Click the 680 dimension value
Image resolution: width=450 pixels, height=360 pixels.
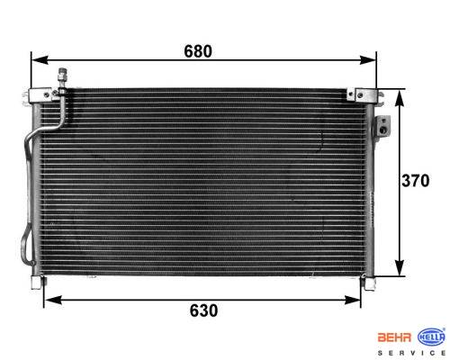click(x=198, y=51)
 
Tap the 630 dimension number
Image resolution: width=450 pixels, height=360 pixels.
click(x=203, y=310)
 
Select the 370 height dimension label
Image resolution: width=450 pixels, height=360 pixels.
click(x=416, y=181)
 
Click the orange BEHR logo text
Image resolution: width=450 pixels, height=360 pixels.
click(x=394, y=337)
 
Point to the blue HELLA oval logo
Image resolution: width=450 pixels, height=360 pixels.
click(x=432, y=337)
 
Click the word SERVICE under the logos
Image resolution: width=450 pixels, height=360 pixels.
click(x=411, y=353)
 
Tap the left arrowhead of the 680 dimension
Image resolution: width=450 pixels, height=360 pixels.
click(x=40, y=60)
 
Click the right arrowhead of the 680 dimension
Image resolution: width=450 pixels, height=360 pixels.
click(x=368, y=60)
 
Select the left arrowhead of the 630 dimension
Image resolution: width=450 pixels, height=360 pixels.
click(x=52, y=300)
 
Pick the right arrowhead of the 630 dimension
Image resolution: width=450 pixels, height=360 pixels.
click(x=352, y=300)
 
